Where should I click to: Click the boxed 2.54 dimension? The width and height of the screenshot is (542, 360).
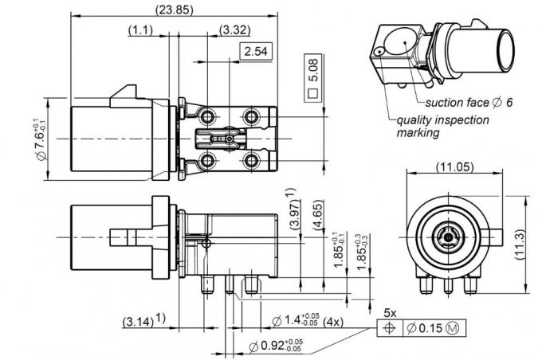(x=256, y=52)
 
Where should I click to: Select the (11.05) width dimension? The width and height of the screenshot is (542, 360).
(x=451, y=168)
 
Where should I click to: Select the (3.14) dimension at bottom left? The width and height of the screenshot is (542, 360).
(x=143, y=322)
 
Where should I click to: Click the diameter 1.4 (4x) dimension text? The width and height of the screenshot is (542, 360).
(x=306, y=322)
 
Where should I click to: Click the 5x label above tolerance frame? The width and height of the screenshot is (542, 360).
(x=391, y=313)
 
